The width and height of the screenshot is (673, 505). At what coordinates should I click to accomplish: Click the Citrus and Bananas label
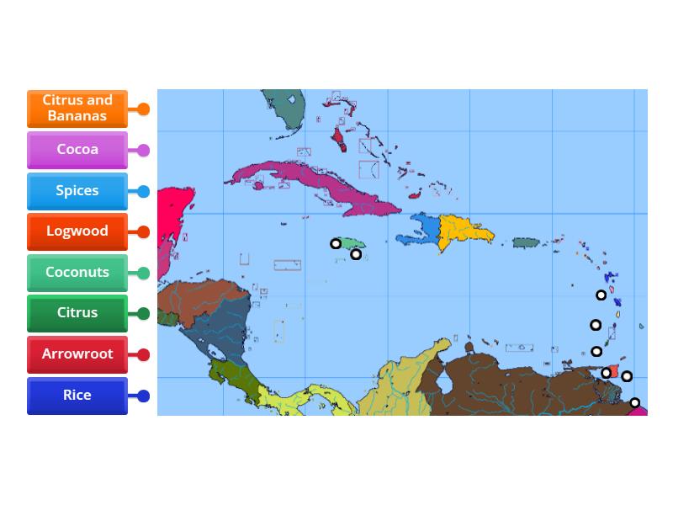click(77, 109)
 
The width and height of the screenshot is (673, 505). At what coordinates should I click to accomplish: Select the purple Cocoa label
click(77, 150)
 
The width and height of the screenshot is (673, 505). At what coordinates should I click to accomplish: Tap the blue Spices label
click(77, 191)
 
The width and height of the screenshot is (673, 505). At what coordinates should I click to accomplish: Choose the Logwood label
click(77, 231)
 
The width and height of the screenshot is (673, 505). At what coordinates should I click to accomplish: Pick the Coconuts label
click(77, 273)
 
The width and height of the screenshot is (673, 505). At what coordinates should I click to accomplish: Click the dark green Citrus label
click(77, 313)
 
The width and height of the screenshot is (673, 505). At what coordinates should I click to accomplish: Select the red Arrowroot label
click(77, 354)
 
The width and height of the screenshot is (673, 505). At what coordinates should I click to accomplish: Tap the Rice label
click(77, 396)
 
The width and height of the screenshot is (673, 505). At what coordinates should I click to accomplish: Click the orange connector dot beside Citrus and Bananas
click(144, 109)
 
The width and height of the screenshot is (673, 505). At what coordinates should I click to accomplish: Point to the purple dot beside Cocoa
click(144, 151)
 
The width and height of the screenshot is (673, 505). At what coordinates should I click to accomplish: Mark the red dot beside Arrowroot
click(144, 355)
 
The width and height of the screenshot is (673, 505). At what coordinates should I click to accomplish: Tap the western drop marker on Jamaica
click(336, 243)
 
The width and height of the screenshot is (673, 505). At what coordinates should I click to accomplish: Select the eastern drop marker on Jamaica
click(356, 253)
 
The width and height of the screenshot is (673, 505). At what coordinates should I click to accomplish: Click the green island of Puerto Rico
click(526, 242)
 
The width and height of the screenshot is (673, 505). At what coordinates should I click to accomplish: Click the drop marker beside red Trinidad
click(606, 373)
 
